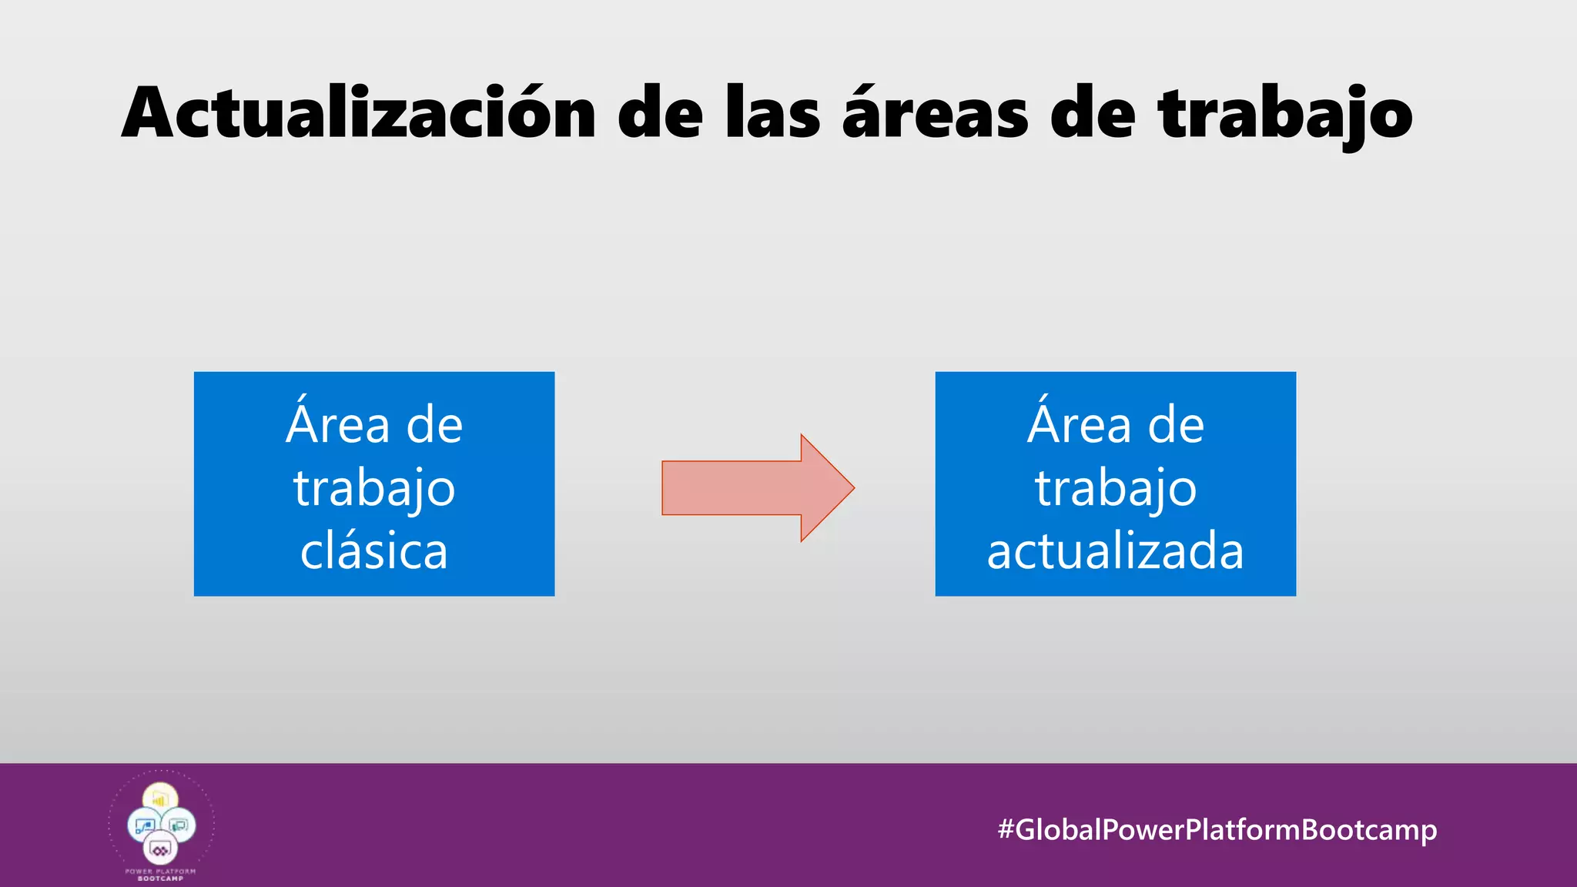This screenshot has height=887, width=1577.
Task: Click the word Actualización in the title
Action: click(359, 113)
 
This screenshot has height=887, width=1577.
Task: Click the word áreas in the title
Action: click(935, 113)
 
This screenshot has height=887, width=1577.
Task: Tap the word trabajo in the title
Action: click(1285, 113)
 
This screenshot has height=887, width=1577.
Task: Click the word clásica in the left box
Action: click(374, 551)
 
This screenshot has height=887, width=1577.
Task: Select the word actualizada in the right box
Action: click(1115, 551)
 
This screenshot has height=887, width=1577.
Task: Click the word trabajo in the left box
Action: click(374, 489)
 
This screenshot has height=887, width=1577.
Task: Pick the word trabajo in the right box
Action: click(1115, 489)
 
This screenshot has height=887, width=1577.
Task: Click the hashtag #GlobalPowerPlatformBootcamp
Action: click(1217, 829)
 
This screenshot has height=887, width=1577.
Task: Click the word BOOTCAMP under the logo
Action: click(161, 879)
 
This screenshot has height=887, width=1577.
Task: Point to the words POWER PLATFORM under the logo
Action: click(161, 872)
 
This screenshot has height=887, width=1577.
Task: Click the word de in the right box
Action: click(1176, 424)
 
